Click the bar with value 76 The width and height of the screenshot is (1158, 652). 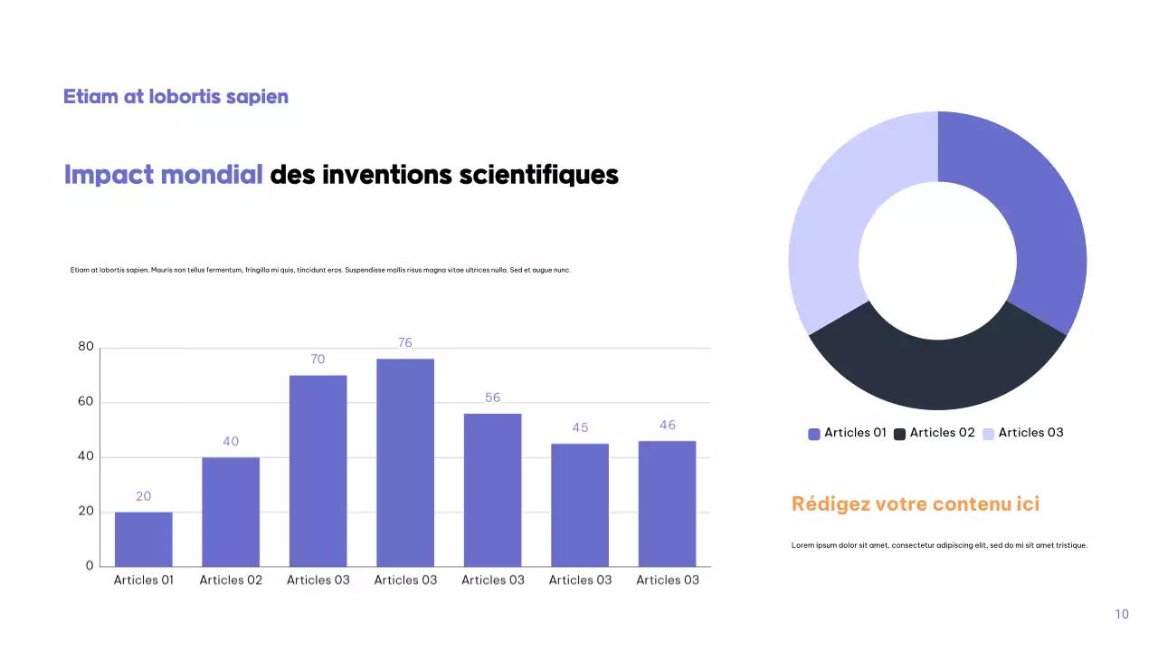pyautogui.click(x=405, y=462)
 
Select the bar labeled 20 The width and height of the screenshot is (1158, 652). pyautogui.click(x=143, y=539)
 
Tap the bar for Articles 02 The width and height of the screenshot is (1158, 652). pyautogui.click(x=231, y=512)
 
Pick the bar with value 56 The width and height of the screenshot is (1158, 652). pyautogui.click(x=492, y=489)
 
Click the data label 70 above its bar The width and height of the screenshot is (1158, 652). pyautogui.click(x=318, y=360)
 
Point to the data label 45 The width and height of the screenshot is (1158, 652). pyautogui.click(x=580, y=427)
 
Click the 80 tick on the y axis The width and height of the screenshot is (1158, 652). pyautogui.click(x=86, y=347)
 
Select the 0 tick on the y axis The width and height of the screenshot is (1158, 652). pyautogui.click(x=90, y=566)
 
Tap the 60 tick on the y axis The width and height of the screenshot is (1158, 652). pyautogui.click(x=86, y=402)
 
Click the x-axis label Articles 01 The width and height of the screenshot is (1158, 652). pyautogui.click(x=143, y=580)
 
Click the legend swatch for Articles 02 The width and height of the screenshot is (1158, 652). pyautogui.click(x=900, y=434)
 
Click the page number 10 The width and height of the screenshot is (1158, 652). pyautogui.click(x=1122, y=614)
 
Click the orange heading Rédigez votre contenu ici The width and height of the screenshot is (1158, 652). pyautogui.click(x=916, y=504)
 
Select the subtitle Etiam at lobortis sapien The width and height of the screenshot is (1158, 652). pyautogui.click(x=176, y=96)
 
